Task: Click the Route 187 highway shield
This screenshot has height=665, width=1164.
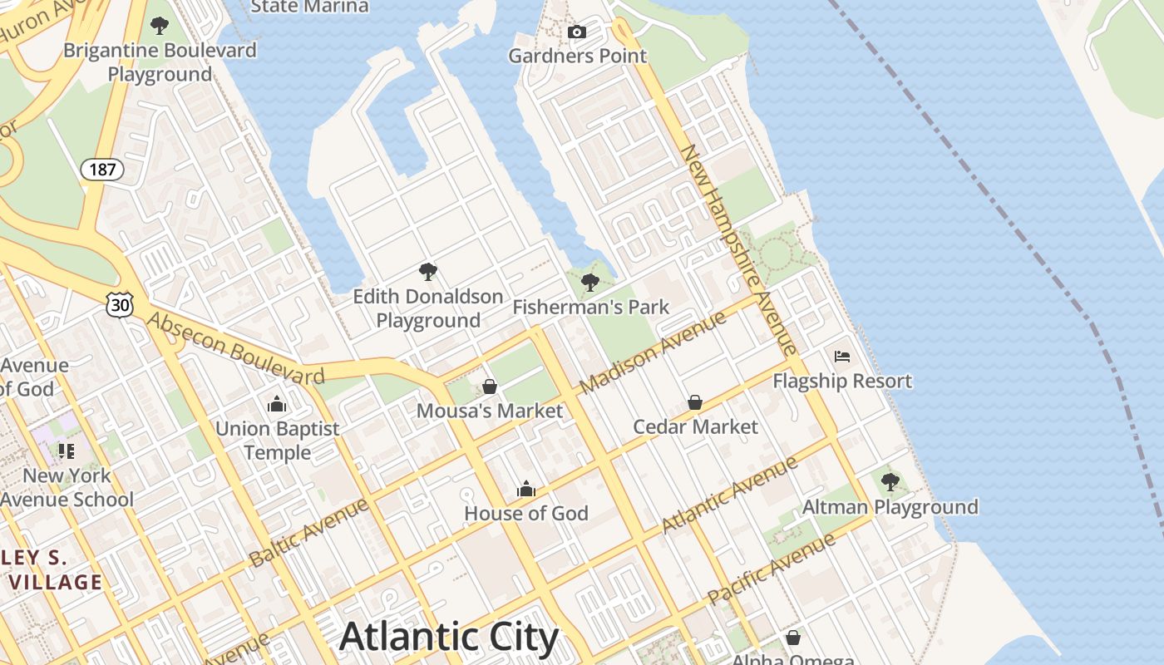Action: pos(102,170)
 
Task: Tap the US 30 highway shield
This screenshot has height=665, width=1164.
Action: pos(120,305)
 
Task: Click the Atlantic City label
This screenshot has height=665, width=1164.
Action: pos(449,637)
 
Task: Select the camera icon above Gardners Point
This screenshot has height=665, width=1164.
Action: pos(576,32)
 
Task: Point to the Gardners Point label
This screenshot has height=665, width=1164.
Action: pos(577,57)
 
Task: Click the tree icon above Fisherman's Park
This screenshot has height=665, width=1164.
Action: pos(590,283)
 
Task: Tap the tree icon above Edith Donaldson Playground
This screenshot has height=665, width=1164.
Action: pos(428,271)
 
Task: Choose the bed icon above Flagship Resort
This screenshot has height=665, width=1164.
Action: pos(842,357)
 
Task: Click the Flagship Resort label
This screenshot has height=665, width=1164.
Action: pos(842,382)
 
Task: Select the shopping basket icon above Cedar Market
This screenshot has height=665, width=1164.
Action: pos(695,402)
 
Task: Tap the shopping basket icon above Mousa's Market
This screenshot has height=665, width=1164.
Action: pos(490,387)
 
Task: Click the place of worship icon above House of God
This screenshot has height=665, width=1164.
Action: pos(525,490)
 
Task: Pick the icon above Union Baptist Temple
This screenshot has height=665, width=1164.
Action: pos(277,405)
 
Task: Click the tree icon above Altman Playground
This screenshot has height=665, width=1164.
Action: pos(890,482)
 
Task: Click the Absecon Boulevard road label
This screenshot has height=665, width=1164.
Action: pos(235,348)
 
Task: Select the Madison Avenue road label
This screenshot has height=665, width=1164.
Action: pos(653,352)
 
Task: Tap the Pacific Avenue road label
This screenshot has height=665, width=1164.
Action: pos(771,569)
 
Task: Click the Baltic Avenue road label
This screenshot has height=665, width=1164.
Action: pos(308,532)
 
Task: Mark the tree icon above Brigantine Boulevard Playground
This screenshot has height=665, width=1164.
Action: pos(160,26)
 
